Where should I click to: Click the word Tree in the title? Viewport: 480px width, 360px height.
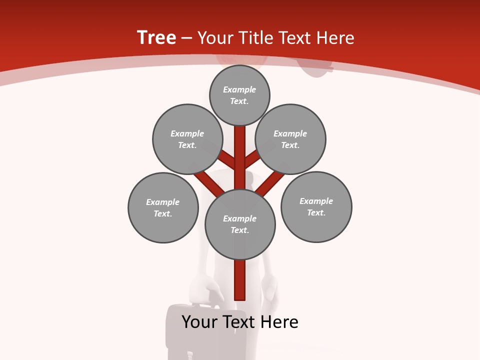(156, 38)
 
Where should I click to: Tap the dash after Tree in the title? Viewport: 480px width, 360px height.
(187, 38)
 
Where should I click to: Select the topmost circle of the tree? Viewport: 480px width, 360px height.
(239, 95)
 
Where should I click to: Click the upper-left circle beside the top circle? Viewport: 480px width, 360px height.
(187, 139)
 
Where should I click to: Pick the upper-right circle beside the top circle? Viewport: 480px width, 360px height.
(290, 139)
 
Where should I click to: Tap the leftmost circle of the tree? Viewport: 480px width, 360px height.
(163, 207)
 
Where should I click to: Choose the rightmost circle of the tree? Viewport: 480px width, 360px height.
(316, 206)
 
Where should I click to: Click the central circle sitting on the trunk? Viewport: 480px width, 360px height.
(240, 224)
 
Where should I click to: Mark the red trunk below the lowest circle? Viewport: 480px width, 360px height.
(240, 280)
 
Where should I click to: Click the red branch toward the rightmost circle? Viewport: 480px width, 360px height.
(270, 182)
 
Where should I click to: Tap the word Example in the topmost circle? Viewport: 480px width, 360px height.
(239, 90)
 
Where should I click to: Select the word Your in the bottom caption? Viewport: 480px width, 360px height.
(199, 322)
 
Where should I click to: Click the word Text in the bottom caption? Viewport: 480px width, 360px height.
(240, 322)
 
